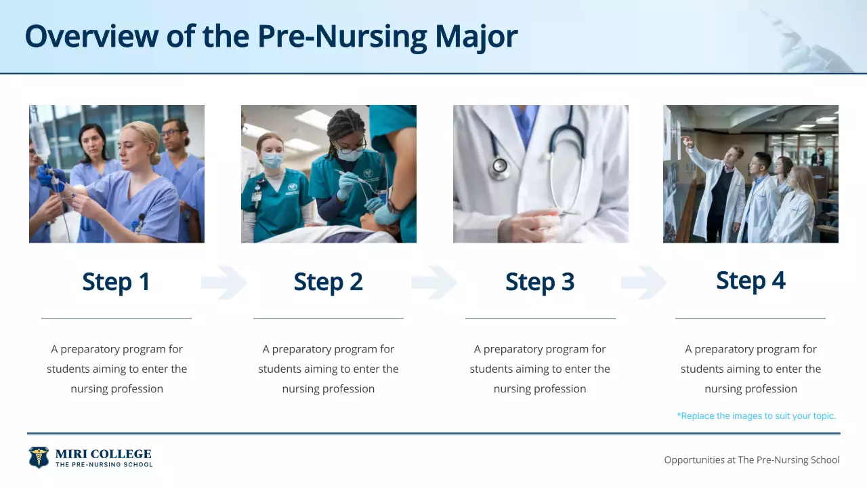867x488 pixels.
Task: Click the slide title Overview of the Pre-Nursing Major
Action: click(x=271, y=37)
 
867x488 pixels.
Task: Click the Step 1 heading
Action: click(x=116, y=282)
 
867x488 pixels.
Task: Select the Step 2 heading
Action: click(x=328, y=282)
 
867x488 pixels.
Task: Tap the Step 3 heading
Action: click(x=540, y=282)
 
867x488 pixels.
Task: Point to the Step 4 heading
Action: click(x=750, y=281)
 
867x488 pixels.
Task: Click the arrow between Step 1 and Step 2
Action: click(x=224, y=283)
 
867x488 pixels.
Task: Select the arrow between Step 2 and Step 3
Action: click(x=434, y=283)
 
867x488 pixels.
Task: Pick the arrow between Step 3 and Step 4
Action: click(x=644, y=283)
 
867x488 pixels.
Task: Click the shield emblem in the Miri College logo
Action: click(x=39, y=457)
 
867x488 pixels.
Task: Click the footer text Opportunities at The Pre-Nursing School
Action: click(x=751, y=460)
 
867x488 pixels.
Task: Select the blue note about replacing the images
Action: click(x=756, y=415)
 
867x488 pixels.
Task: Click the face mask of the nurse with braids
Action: click(x=350, y=155)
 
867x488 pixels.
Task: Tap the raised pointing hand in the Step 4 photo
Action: click(x=686, y=142)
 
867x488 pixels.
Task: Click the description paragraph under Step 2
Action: click(x=328, y=369)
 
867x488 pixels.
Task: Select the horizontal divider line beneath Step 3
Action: click(x=540, y=318)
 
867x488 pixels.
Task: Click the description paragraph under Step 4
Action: click(x=750, y=369)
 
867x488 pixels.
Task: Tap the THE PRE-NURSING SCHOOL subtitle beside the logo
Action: click(x=103, y=465)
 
